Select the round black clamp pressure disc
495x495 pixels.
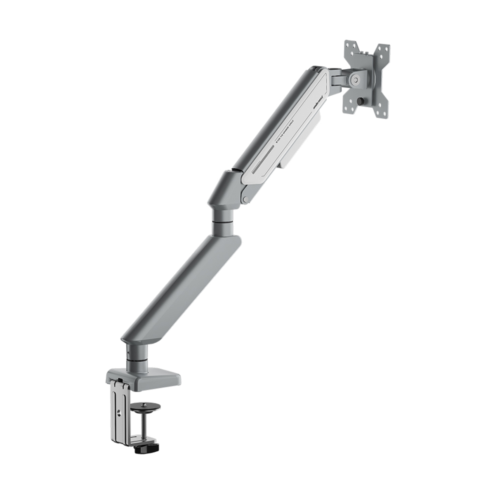[146, 408]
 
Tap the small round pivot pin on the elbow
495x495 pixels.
[246, 200]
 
